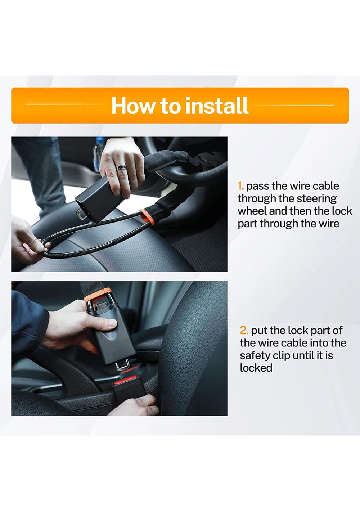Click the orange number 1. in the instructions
coord(241,186)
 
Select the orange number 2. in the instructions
coord(244,330)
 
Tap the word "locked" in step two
coord(256,368)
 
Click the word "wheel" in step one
coord(252,211)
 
